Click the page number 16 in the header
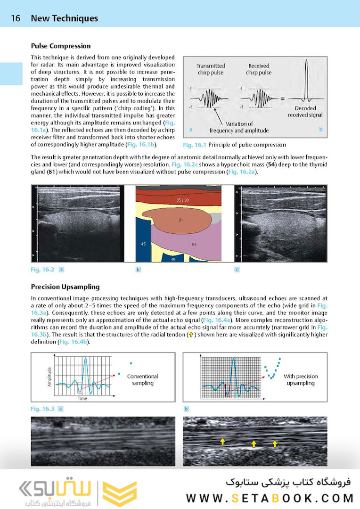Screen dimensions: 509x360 point(16,18)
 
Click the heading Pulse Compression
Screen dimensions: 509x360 point(61,46)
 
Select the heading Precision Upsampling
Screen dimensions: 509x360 point(65,287)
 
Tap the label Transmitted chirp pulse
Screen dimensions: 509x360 point(211,69)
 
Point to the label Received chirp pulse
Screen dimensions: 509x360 point(258,69)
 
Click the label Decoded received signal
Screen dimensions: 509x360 point(305,112)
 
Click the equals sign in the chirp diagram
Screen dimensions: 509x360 point(282,99)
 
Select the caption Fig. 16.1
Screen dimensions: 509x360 point(194,145)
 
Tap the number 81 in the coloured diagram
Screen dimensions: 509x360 point(180,220)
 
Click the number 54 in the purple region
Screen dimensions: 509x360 point(194,244)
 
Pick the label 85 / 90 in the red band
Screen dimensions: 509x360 point(182,200)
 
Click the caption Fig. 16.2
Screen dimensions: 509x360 point(42,270)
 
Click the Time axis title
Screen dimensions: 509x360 point(82,399)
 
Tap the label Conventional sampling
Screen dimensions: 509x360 point(142,380)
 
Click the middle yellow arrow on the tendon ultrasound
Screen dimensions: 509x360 point(254,443)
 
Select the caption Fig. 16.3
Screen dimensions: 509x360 point(42,409)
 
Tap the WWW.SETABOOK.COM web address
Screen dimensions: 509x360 point(270,498)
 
